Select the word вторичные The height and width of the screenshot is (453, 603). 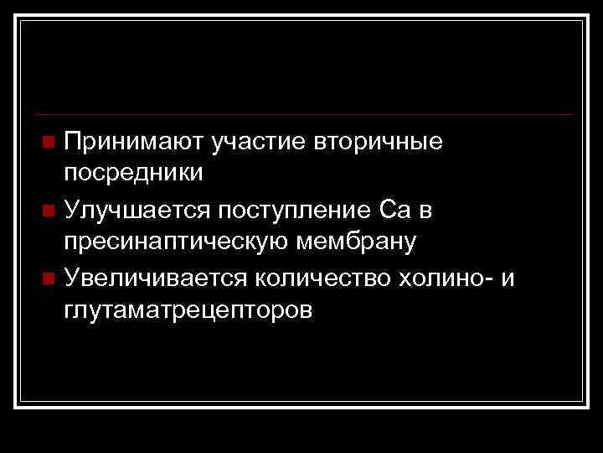(x=379, y=140)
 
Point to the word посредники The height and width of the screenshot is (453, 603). (x=132, y=174)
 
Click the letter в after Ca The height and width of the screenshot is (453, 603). (x=425, y=210)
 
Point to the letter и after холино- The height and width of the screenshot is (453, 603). (x=508, y=278)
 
